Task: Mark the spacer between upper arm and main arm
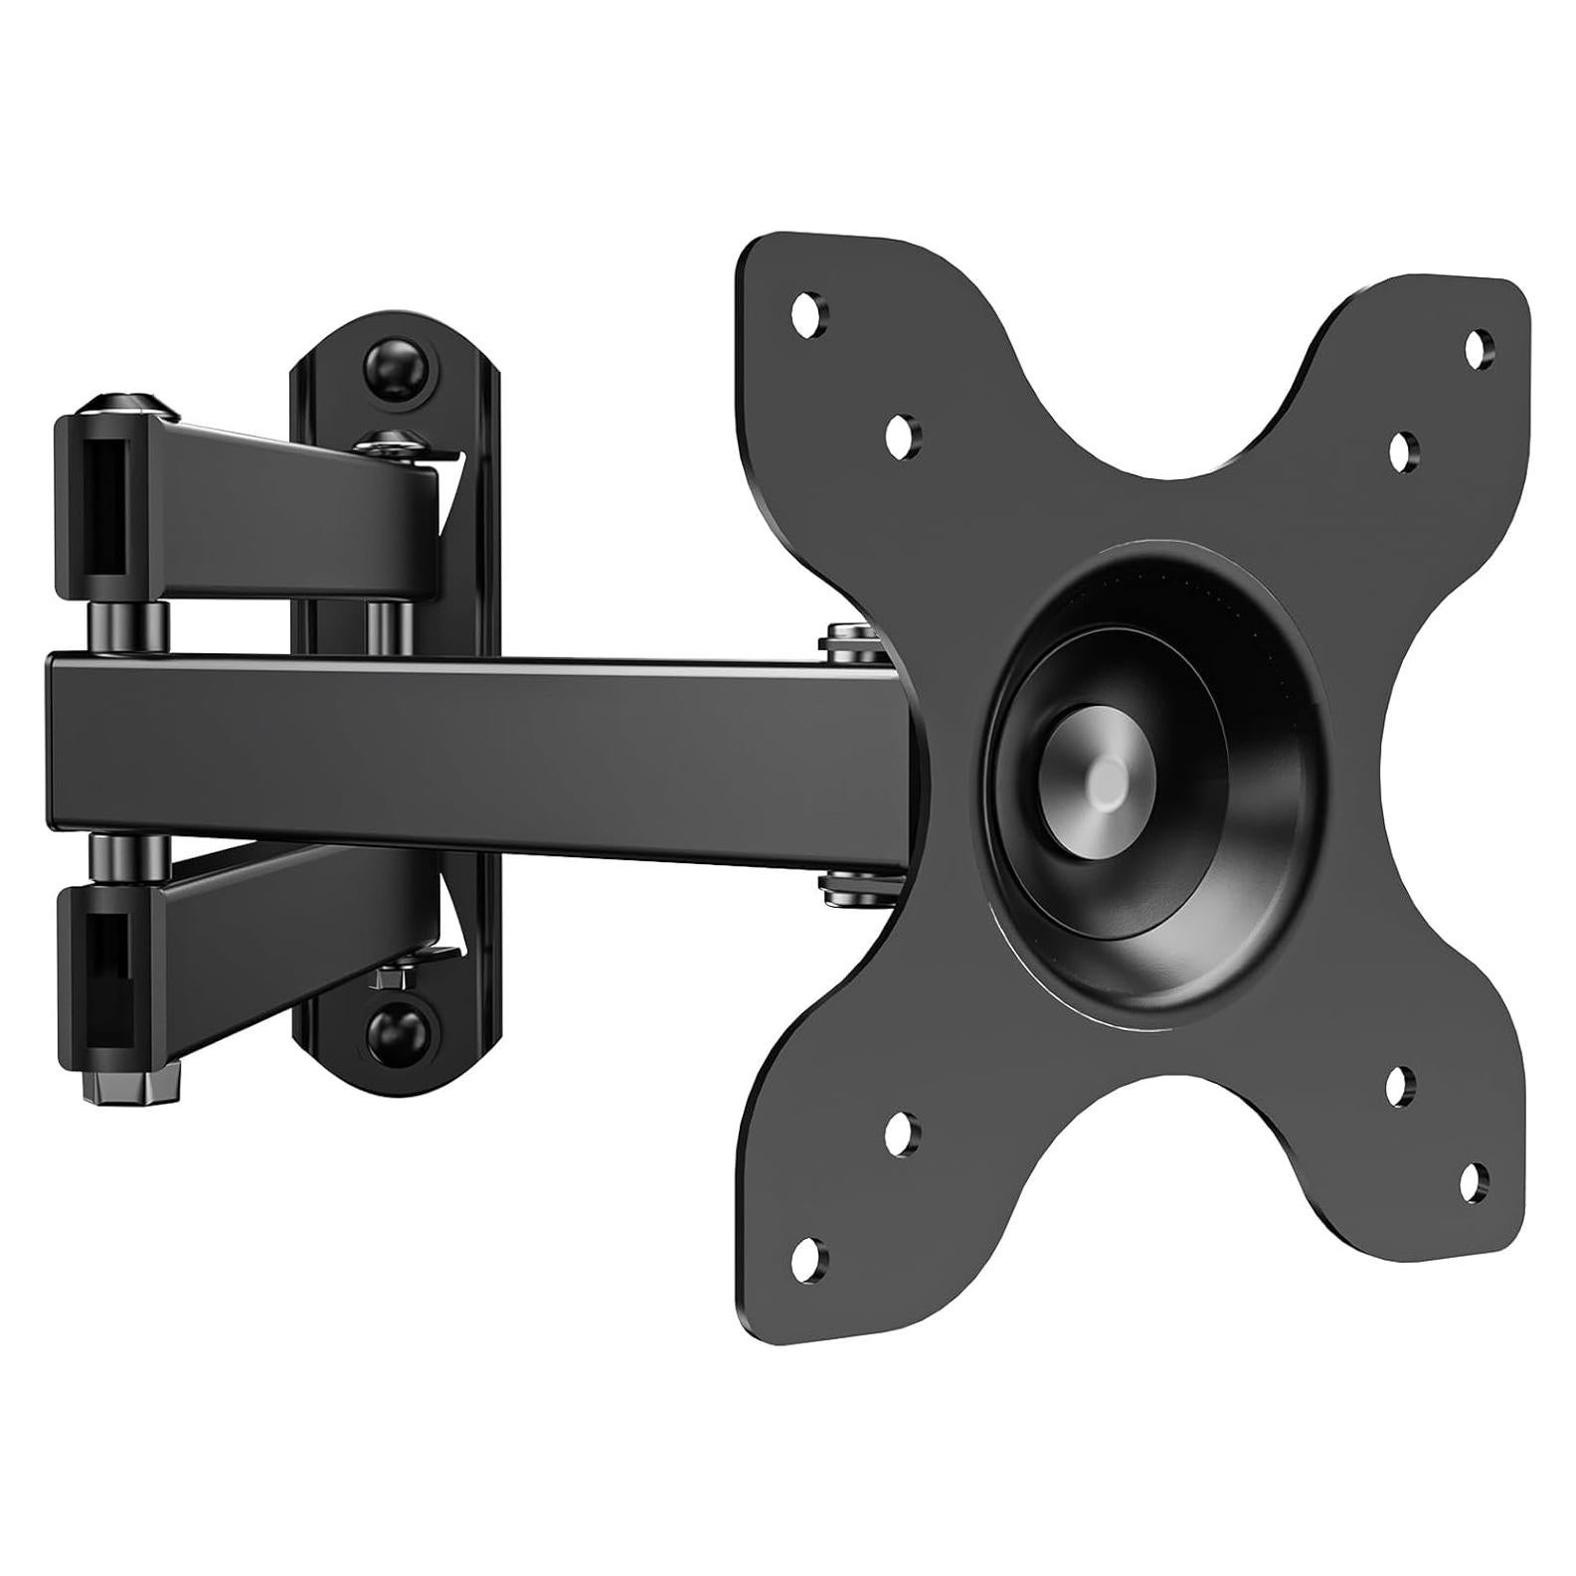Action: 129,626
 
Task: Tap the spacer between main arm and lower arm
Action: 129,856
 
